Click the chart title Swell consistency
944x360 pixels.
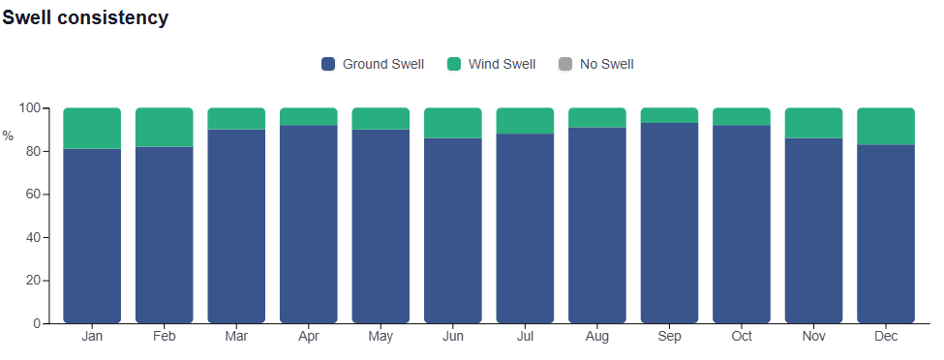point(85,18)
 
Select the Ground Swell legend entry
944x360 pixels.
point(373,64)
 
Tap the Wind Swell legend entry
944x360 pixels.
point(491,64)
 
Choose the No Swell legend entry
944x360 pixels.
point(596,64)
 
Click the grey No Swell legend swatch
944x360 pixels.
point(565,64)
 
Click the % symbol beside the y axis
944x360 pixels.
point(7,136)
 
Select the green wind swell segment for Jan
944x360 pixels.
point(92,129)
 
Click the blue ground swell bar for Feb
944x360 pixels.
point(165,235)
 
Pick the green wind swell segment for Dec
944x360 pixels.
point(886,127)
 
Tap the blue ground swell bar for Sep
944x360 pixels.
point(669,223)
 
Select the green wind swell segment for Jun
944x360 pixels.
point(453,123)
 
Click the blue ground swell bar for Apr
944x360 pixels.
point(309,224)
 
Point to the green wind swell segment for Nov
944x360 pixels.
point(813,123)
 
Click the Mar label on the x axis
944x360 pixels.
point(236,337)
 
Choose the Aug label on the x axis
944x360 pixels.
point(597,337)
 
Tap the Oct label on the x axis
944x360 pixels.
point(742,337)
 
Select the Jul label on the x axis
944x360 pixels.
point(525,337)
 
